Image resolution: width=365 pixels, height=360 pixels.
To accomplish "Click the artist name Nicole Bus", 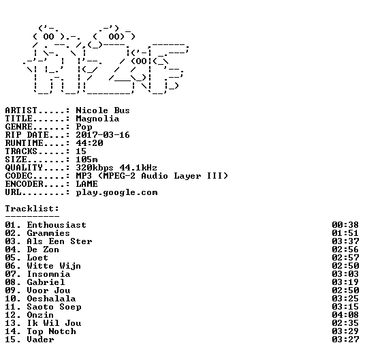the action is [103, 110].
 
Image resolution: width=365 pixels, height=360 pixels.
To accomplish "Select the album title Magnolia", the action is [97, 119].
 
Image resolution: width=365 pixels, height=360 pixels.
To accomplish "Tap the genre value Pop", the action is [84, 127].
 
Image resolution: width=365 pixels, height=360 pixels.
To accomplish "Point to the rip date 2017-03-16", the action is [103, 135].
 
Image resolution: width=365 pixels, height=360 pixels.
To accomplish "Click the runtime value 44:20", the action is [89, 143].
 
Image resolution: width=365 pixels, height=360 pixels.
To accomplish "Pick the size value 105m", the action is [86, 160].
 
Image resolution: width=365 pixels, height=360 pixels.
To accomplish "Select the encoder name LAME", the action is [86, 184].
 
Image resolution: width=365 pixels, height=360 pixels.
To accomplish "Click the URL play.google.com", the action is [116, 193].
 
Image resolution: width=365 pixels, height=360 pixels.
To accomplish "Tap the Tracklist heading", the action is [32, 209].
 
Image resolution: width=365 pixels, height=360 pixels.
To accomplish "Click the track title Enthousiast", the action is [57, 225].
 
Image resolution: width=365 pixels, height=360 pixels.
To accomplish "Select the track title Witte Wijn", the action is [54, 266].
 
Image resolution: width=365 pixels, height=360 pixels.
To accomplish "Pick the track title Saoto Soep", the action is [54, 307].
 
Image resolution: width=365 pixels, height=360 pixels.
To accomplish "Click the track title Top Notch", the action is [52, 331].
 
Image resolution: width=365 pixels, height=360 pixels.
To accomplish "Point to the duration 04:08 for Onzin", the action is [345, 315].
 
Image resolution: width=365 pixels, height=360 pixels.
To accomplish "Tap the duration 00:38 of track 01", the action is [345, 225].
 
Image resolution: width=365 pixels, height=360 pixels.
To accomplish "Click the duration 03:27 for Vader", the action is [345, 340].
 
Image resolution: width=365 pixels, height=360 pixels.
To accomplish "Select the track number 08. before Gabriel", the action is [13, 282].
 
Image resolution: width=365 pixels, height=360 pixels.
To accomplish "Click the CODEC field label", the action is [18, 176].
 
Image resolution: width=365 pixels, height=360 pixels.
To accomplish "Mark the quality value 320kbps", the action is [95, 168].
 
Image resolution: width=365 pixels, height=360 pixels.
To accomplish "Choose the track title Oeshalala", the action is [51, 299].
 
